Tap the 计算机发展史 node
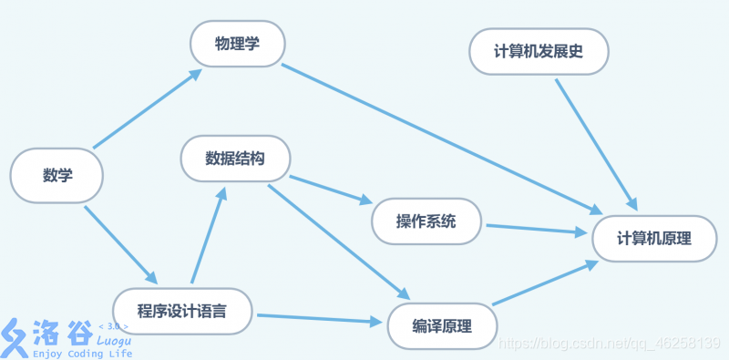538,52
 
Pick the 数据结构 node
235,159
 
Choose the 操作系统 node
426,221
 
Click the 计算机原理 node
653,239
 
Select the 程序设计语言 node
181,311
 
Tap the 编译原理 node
442,325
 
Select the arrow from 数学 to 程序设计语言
121,244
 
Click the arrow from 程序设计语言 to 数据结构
209,234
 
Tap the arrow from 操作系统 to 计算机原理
538,229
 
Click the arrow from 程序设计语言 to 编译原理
319,319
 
